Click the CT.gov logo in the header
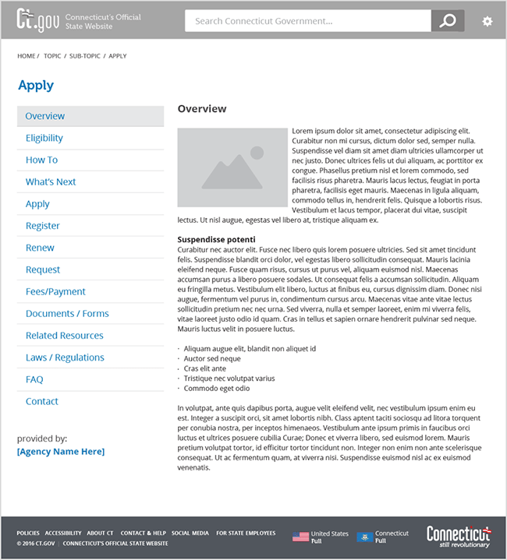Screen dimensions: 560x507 [x=37, y=20]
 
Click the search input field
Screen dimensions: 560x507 [x=307, y=21]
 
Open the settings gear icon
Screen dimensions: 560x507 [x=487, y=21]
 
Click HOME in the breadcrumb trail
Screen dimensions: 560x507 [x=27, y=56]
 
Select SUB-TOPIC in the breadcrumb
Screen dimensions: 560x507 [x=84, y=56]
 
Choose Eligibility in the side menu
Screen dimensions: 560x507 [x=44, y=138]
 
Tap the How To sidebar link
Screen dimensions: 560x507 [x=41, y=160]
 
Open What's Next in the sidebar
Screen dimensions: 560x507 [x=51, y=181]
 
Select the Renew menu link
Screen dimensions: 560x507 [x=40, y=248]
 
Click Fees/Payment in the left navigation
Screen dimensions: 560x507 [x=55, y=291]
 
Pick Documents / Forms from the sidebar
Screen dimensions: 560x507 [x=67, y=313]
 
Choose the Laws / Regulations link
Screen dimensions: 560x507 [x=65, y=357]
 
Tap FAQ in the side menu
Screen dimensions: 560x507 [x=34, y=379]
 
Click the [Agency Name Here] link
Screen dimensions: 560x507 [x=60, y=452]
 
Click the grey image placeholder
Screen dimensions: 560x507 [x=232, y=167]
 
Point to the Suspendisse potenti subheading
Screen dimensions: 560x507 [x=217, y=239]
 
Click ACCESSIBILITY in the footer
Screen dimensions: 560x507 [x=63, y=534]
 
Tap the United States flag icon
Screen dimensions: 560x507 [x=300, y=537]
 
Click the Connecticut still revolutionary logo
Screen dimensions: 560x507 [x=458, y=537]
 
